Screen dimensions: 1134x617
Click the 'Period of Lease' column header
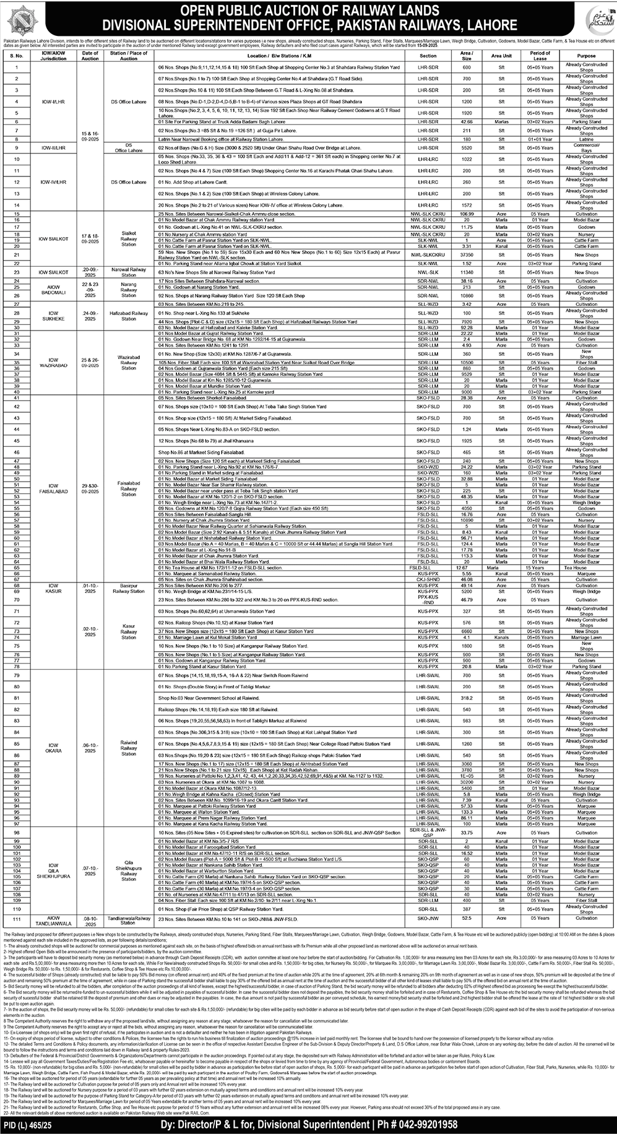pos(540,56)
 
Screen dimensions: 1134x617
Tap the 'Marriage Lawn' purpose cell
pos(586,637)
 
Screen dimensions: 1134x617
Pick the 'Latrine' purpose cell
pos(586,139)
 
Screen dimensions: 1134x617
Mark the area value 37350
pos(467,254)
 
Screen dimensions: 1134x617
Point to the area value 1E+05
pos(467,776)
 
